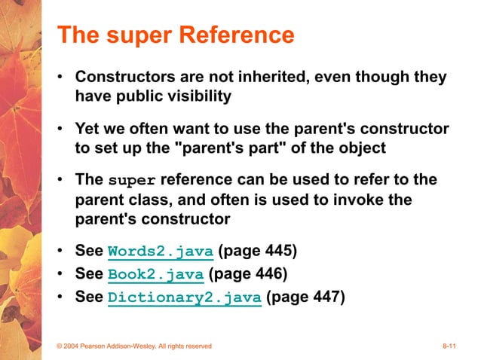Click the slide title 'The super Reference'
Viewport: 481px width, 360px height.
coord(176,35)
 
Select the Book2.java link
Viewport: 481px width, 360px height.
coord(156,274)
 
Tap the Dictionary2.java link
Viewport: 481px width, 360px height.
coord(185,297)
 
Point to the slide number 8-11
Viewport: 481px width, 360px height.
coord(451,346)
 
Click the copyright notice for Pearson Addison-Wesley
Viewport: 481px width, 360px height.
coord(135,346)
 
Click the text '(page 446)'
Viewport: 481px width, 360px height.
coord(248,273)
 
